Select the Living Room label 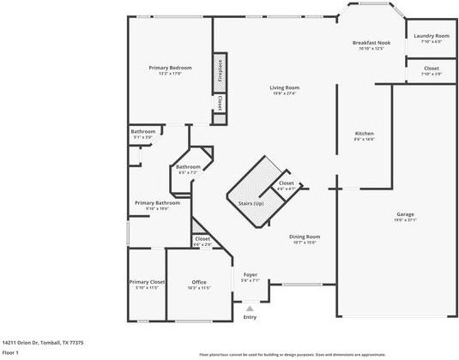(x=284, y=87)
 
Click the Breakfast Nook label (x=371, y=43)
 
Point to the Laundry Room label (x=431, y=36)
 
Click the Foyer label (x=250, y=275)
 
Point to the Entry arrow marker (x=250, y=308)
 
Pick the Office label (x=199, y=282)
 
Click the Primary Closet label (x=147, y=282)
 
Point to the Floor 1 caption (x=10, y=352)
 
